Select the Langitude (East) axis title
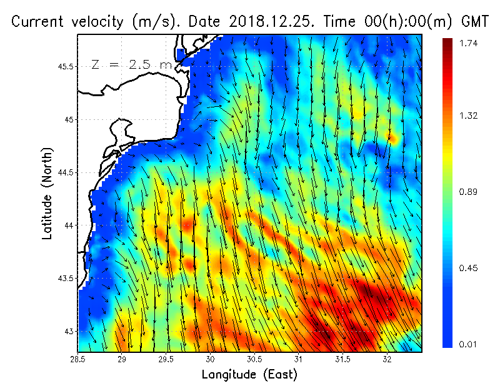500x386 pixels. coord(249,375)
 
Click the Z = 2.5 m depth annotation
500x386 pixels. coord(131,64)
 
